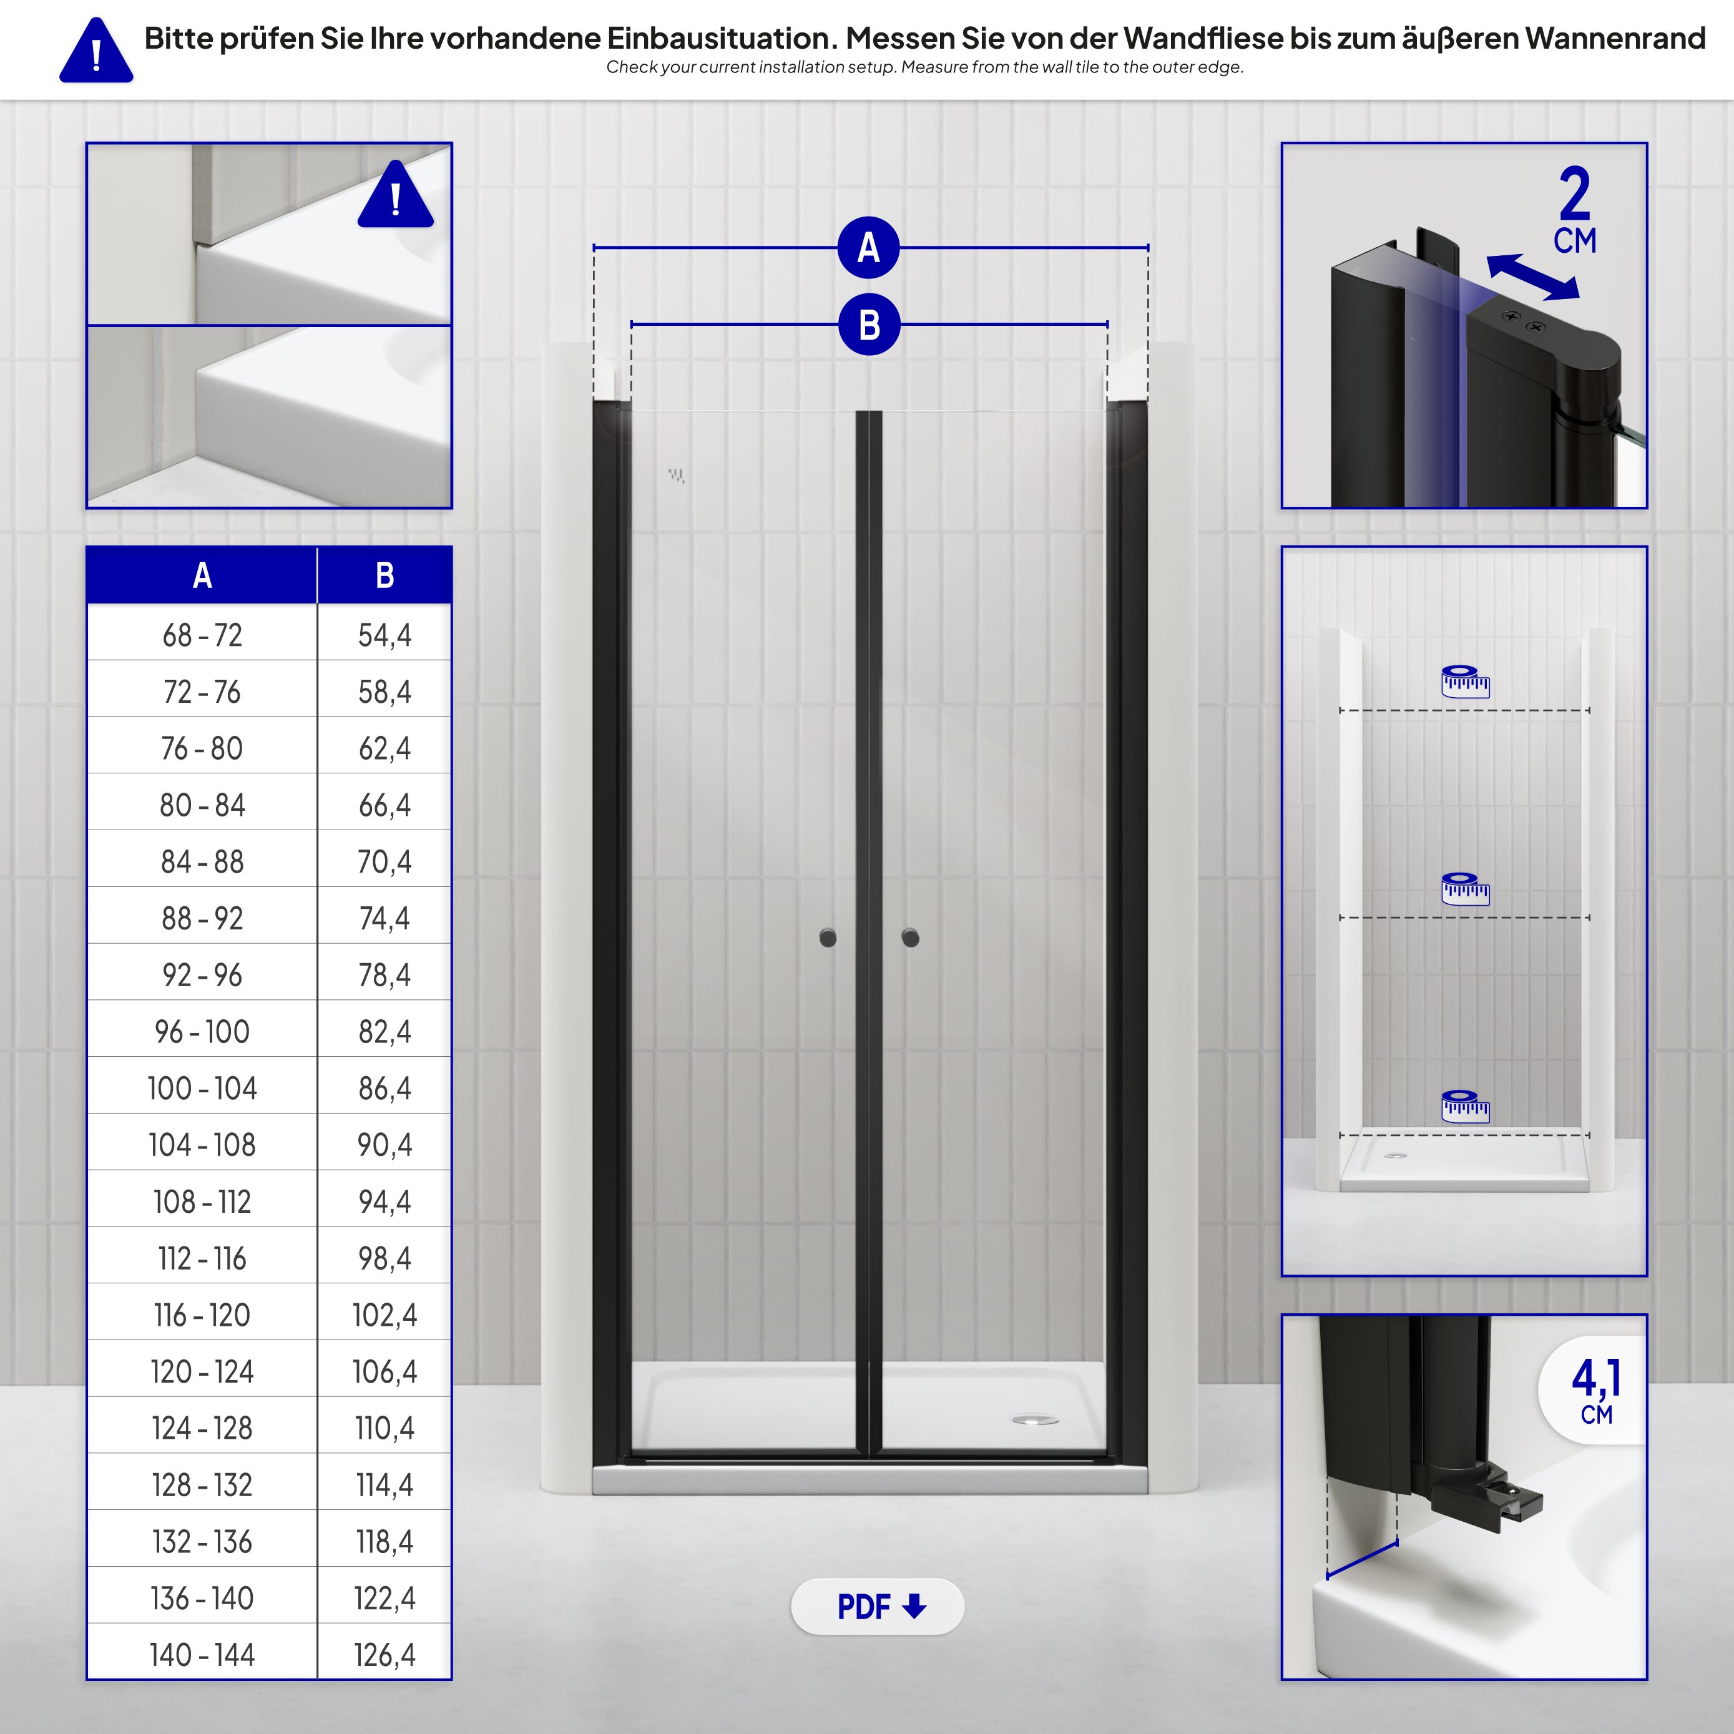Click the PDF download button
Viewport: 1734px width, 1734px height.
click(877, 1607)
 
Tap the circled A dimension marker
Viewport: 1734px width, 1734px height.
click(868, 248)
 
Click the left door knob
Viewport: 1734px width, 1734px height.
click(828, 938)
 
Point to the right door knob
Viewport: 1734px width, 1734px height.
click(910, 938)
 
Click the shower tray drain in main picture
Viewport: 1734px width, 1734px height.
click(1035, 1420)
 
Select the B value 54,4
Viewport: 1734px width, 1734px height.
click(384, 635)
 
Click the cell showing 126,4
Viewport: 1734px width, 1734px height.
click(384, 1655)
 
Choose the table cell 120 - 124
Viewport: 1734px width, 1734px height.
click(202, 1371)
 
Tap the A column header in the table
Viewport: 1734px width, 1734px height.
click(202, 576)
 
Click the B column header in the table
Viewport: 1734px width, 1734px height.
click(384, 576)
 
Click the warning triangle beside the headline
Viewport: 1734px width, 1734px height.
click(96, 52)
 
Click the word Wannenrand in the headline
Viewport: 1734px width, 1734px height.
click(1615, 39)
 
